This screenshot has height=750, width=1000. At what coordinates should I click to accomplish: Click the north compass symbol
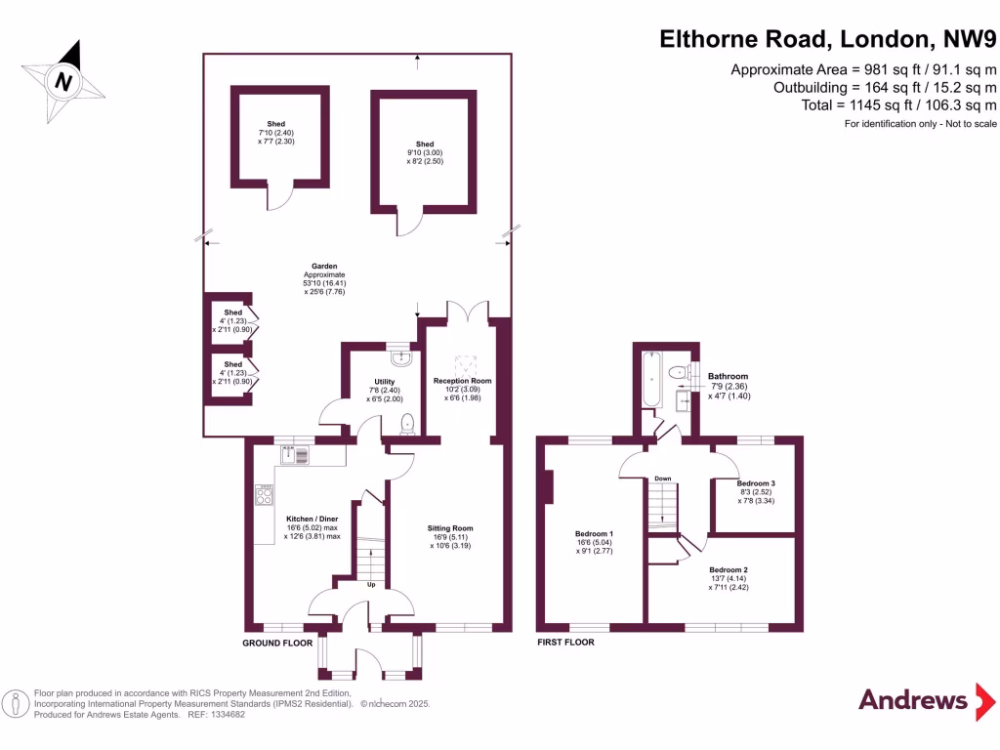[x=63, y=81]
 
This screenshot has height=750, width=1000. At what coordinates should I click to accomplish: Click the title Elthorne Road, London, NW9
[x=828, y=39]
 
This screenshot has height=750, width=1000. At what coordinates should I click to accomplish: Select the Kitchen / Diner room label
[x=312, y=519]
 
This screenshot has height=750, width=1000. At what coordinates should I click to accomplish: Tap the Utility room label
[x=384, y=382]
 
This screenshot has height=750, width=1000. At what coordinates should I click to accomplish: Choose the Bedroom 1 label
[x=594, y=535]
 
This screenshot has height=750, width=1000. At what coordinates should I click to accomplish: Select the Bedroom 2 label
[x=729, y=569]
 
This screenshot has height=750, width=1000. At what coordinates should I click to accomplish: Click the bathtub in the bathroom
[x=651, y=380]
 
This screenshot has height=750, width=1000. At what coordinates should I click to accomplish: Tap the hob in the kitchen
[x=264, y=495]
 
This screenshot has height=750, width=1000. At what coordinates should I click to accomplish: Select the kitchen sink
[x=294, y=454]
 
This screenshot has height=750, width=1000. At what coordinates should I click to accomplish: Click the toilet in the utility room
[x=408, y=422]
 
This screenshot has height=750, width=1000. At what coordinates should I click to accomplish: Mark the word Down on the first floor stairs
[x=662, y=479]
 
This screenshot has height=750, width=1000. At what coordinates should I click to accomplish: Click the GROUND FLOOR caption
[x=277, y=644]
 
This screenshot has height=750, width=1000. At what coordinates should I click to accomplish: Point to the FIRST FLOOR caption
[x=565, y=643]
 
